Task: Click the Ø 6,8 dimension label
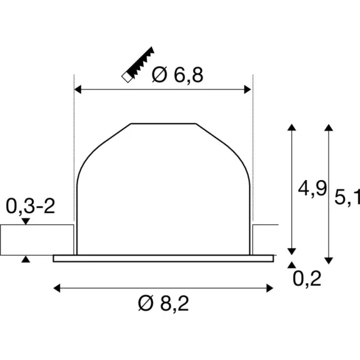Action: [177, 75]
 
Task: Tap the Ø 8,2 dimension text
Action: [164, 303]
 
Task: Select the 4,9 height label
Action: [312, 189]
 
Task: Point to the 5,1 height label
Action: [347, 197]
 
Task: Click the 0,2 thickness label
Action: [307, 279]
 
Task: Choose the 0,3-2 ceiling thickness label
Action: [30, 206]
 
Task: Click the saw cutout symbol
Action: [137, 64]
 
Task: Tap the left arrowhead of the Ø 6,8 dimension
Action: [78, 89]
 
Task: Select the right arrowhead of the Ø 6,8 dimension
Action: [247, 89]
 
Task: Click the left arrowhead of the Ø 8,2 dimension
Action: [57, 288]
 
